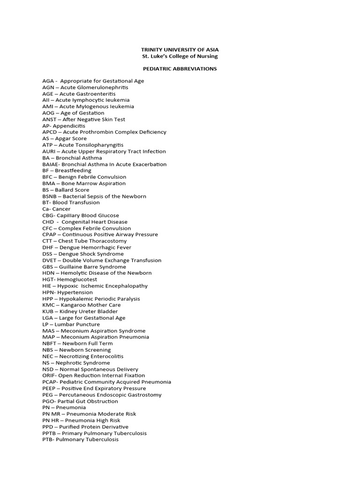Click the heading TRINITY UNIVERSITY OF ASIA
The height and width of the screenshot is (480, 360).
[x=180, y=49]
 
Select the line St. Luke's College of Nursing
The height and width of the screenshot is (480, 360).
[x=180, y=56]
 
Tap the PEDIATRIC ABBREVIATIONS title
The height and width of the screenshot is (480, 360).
[x=180, y=68]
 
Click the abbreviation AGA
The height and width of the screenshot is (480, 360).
[x=48, y=81]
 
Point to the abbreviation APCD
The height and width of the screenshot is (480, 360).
[x=50, y=132]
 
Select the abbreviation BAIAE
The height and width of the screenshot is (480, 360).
[x=50, y=165]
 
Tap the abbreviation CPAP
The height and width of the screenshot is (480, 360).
[x=50, y=235]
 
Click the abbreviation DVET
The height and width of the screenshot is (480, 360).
[x=50, y=260]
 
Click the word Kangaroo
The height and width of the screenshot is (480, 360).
[x=71, y=305]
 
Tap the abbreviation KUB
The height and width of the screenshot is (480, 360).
[x=48, y=312]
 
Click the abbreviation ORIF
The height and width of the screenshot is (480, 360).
[x=48, y=375]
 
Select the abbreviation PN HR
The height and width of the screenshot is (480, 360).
[x=50, y=420]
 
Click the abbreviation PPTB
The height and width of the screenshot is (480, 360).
[x=49, y=433]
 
